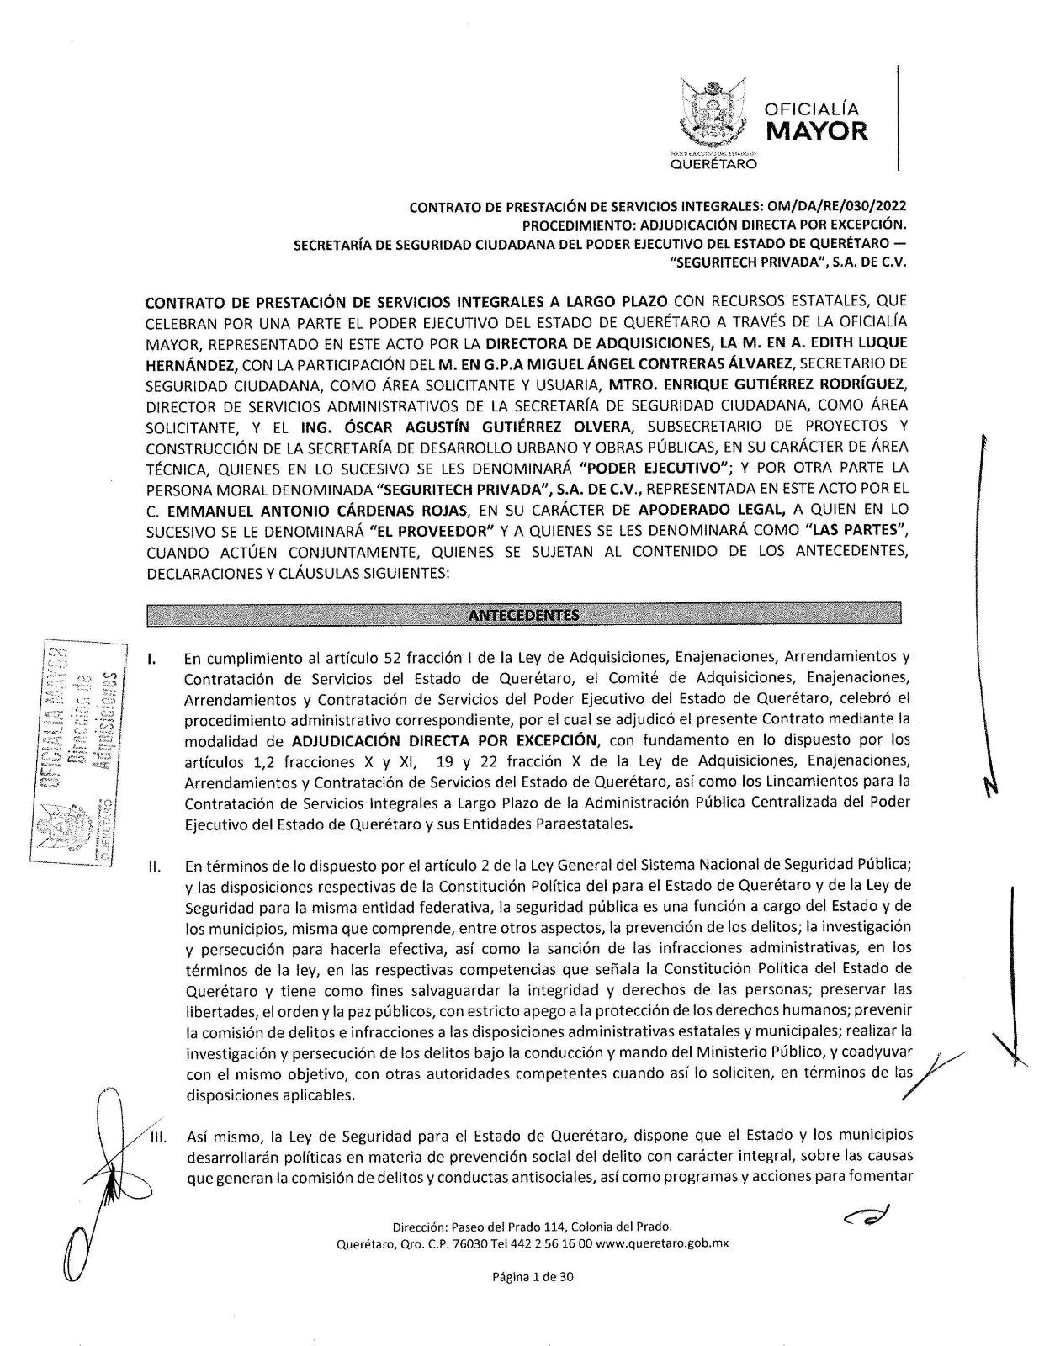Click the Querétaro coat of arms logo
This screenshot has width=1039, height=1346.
click(x=712, y=115)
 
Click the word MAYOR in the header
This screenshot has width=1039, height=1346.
click(x=816, y=131)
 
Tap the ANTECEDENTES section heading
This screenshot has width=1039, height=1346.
click(x=523, y=615)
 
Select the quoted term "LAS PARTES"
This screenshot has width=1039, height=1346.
click(x=856, y=531)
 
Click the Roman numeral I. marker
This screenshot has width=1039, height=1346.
click(x=151, y=658)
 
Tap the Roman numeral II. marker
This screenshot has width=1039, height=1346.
click(x=154, y=866)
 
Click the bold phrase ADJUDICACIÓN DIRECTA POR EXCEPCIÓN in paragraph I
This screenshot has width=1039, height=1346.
click(x=444, y=740)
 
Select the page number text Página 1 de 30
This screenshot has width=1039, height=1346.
click(x=533, y=1277)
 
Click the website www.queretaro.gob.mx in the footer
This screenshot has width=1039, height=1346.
click(x=661, y=1243)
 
